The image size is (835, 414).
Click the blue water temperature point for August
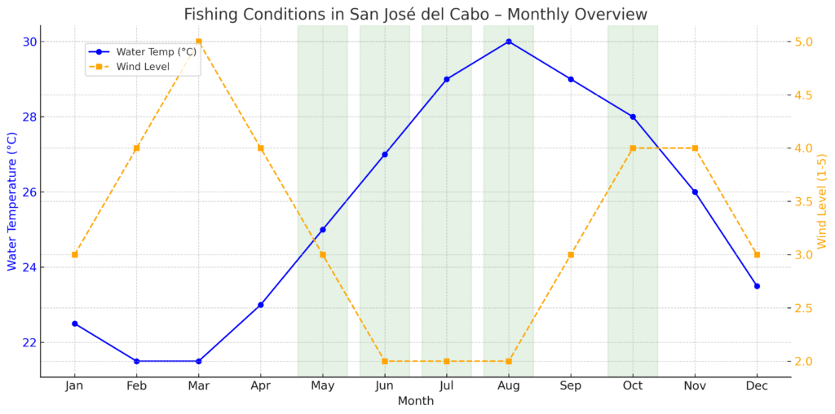(x=509, y=42)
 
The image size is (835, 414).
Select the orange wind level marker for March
(x=198, y=42)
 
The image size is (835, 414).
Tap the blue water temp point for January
(x=74, y=324)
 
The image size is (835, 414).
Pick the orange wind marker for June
(x=385, y=361)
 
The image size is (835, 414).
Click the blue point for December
(x=757, y=286)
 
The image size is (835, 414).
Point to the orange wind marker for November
(x=695, y=148)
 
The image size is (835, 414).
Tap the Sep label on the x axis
(x=571, y=386)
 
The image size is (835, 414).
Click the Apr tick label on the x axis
(x=260, y=386)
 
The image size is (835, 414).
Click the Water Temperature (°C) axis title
(x=11, y=201)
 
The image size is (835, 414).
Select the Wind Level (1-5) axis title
(x=822, y=201)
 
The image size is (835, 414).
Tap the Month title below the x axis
(x=415, y=402)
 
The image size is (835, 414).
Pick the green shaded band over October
(x=632, y=244)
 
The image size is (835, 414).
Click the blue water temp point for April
(x=260, y=305)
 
